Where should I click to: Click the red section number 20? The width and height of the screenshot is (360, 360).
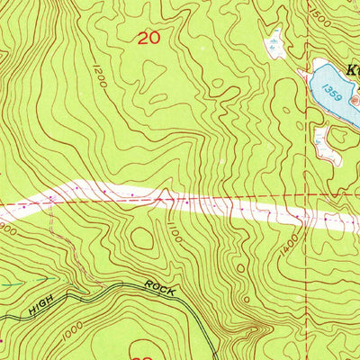tap(150, 38)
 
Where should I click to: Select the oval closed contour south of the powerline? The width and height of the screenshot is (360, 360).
tap(142, 239)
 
